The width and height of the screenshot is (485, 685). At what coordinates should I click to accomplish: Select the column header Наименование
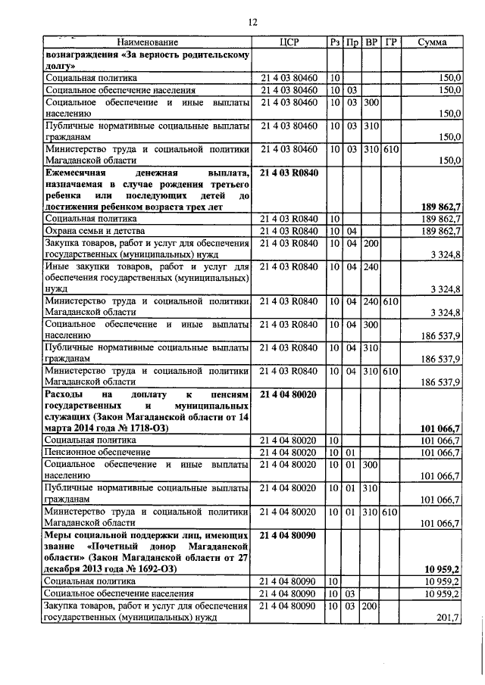[148, 42]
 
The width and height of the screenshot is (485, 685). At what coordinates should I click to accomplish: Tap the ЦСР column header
[291, 42]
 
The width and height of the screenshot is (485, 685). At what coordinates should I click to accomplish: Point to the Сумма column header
[432, 42]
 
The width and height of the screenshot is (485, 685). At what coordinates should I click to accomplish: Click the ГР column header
[390, 42]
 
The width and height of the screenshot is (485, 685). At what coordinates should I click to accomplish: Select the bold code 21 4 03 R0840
[289, 173]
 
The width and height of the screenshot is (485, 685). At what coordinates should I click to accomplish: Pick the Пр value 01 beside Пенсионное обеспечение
[352, 452]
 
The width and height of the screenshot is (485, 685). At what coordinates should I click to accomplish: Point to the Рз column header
[334, 42]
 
